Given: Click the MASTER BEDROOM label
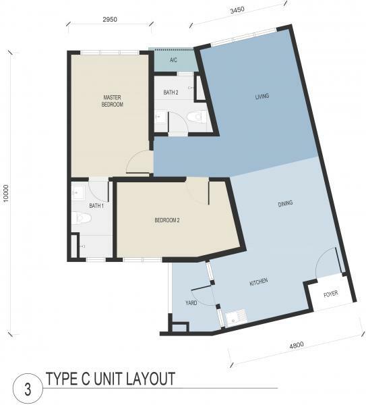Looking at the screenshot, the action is [112, 101].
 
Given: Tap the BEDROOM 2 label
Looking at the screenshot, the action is [167, 220].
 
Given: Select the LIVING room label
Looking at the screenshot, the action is [262, 97].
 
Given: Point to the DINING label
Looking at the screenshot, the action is [285, 204].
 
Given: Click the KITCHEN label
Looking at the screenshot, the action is [259, 281].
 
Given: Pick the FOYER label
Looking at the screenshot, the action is [331, 294].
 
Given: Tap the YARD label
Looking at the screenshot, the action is [191, 302].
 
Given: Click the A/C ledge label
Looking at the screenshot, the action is [173, 60].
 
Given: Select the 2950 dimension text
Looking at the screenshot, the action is [110, 20].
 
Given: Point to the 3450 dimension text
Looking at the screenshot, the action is [237, 10].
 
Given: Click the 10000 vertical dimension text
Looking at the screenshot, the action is [6, 193].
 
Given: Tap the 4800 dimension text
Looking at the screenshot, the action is [297, 345].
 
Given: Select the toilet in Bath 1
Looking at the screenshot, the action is [82, 218].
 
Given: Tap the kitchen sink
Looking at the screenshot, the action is [236, 317].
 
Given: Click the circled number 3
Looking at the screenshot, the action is [28, 389].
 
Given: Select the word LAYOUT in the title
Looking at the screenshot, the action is [150, 379].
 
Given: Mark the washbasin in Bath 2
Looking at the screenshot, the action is [160, 117].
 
